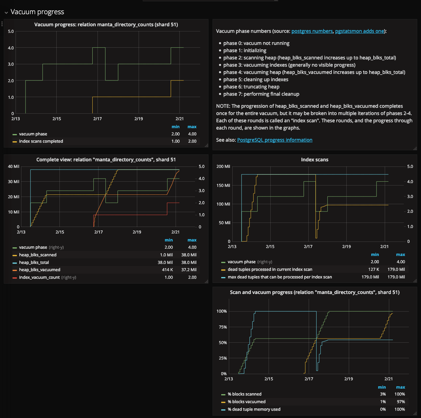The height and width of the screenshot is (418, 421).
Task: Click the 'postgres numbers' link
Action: point(312,31)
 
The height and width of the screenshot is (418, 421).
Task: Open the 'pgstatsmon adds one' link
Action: point(359,31)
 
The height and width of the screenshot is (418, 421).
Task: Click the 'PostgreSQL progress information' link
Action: point(274,140)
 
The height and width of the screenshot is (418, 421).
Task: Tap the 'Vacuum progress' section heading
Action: point(37,12)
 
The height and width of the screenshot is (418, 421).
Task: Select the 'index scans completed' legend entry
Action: point(41,141)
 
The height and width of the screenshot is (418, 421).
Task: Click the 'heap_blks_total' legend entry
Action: point(34,263)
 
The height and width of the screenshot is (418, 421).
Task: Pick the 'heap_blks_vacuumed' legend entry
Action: point(39,270)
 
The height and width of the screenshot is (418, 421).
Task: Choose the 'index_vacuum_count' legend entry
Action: point(39,277)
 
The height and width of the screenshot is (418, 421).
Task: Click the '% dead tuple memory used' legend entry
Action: point(254,409)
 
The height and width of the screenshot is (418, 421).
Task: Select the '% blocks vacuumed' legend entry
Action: point(246,402)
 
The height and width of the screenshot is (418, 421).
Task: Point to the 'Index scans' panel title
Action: point(315,160)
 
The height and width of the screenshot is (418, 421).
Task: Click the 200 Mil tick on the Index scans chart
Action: point(223,167)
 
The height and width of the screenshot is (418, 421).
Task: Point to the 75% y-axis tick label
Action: point(223,327)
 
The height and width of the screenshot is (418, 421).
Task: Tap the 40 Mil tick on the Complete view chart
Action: point(14,167)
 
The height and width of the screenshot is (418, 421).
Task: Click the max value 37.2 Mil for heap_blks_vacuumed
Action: point(189,270)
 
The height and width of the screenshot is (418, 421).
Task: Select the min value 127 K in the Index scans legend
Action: point(374,269)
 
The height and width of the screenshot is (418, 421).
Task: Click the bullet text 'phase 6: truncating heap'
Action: point(251,87)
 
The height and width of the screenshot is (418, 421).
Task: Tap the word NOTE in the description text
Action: point(223,106)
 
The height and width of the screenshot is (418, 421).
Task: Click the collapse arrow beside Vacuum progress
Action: point(6,12)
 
